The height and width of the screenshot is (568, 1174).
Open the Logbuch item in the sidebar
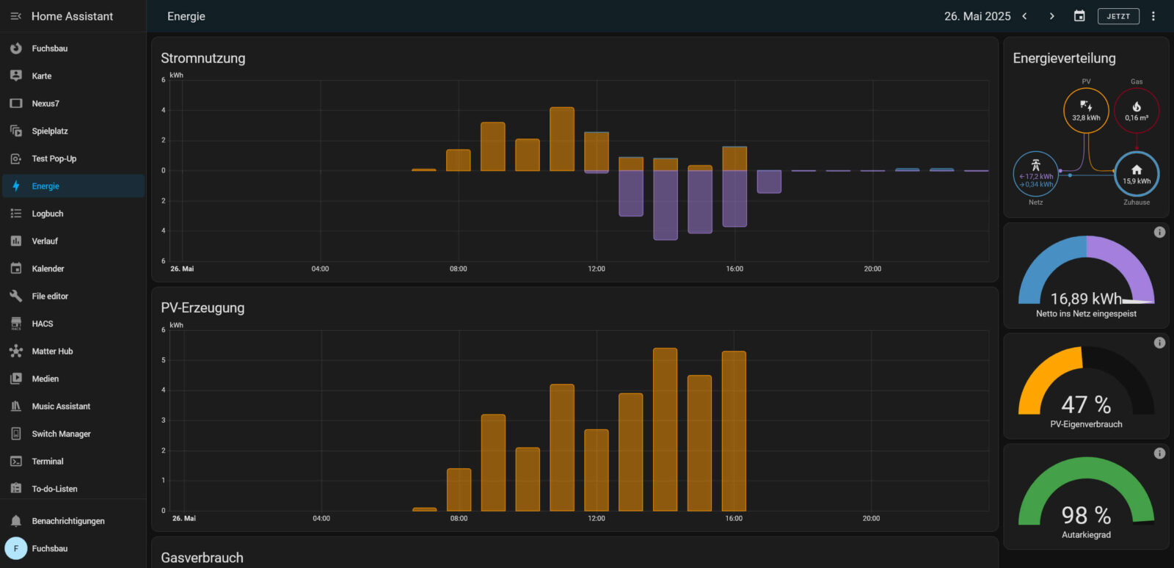(x=48, y=214)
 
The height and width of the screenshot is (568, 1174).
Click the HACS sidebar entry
(x=43, y=324)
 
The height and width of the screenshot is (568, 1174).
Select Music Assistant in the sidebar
(x=61, y=407)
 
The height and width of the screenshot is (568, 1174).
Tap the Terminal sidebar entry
(x=48, y=462)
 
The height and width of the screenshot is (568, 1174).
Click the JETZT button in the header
(x=1118, y=16)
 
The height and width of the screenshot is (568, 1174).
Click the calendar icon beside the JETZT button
(x=1079, y=16)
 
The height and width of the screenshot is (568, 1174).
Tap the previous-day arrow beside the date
(x=1025, y=16)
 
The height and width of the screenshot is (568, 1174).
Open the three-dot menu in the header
(x=1153, y=16)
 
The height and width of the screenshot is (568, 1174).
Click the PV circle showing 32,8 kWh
(x=1086, y=111)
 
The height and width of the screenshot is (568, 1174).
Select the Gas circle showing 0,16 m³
(x=1137, y=111)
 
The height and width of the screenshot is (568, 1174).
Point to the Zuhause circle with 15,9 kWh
(x=1137, y=175)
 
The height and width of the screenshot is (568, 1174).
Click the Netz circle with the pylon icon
(x=1035, y=175)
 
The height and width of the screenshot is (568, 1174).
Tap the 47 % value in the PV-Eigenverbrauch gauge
(x=1086, y=404)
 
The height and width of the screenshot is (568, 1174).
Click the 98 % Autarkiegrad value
(x=1086, y=515)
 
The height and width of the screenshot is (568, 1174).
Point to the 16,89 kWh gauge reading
(x=1086, y=299)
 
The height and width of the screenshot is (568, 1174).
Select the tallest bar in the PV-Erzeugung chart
(x=665, y=429)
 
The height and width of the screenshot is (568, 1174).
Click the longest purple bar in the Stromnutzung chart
(x=666, y=205)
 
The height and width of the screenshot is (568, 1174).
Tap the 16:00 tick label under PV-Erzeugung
(x=734, y=518)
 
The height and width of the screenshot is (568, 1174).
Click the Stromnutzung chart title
(x=203, y=58)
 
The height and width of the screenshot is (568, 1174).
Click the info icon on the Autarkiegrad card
(x=1159, y=454)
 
